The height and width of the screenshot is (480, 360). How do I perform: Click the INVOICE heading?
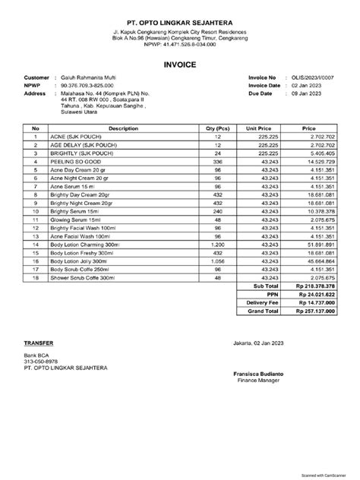click(x=180, y=66)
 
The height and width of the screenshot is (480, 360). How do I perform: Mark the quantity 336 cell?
click(x=218, y=161)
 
